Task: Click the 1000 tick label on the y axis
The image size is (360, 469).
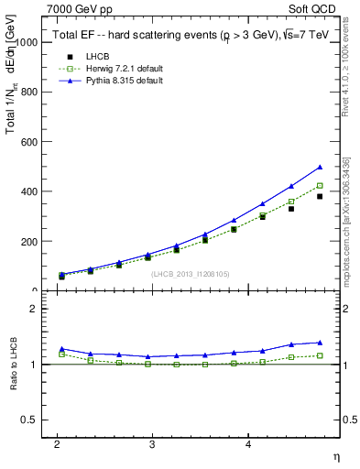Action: [x=26, y=42]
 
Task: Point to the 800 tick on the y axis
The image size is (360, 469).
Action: [x=28, y=92]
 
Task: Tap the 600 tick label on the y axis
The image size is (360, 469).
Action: [x=28, y=142]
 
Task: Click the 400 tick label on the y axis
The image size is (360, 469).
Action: [x=28, y=191]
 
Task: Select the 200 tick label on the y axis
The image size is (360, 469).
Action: [x=28, y=242]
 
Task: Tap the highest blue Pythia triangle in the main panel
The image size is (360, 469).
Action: [x=320, y=168]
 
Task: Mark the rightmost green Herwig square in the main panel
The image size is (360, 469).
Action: [x=320, y=186]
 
